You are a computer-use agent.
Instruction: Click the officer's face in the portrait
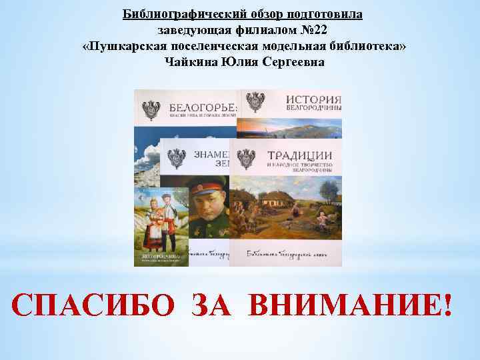pyautogui.click(x=207, y=209)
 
